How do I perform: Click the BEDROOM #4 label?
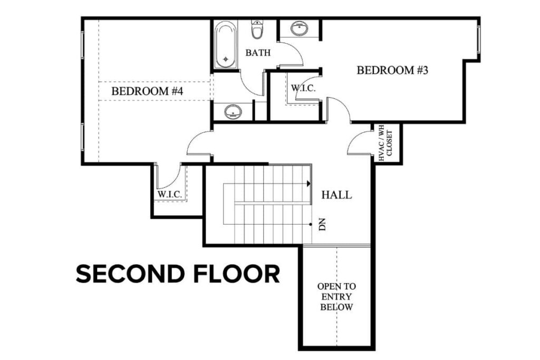(x=147, y=91)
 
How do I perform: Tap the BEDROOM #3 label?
(x=392, y=70)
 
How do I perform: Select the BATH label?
(x=258, y=53)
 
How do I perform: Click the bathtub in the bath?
(x=226, y=45)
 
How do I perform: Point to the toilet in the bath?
(x=257, y=30)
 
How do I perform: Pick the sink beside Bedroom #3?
(x=300, y=28)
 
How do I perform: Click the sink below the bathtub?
(x=232, y=112)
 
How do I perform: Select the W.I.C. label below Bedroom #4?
(x=169, y=195)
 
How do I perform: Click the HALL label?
(x=336, y=195)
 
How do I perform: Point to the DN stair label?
(x=323, y=225)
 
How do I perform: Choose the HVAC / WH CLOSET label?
(x=386, y=143)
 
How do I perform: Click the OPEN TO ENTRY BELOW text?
(x=336, y=297)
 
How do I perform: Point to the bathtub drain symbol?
(x=226, y=59)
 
